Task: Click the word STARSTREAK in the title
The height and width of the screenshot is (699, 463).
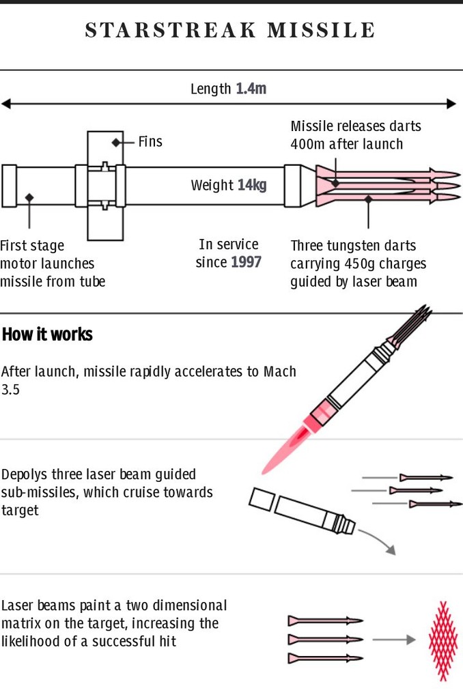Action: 171,31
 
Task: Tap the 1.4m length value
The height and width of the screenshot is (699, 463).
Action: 251,89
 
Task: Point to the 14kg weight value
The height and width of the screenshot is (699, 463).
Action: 251,185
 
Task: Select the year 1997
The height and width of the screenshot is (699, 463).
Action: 246,262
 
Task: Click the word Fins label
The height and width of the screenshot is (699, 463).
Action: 150,142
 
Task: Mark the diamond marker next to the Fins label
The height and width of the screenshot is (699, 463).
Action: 116,142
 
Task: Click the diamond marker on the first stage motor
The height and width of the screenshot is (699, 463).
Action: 29,197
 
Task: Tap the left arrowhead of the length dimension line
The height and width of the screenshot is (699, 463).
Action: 5,104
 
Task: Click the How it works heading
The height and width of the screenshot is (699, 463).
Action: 48,335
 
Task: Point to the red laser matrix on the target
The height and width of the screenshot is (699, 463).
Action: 443,640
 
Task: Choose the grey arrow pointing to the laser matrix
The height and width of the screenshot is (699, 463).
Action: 394,640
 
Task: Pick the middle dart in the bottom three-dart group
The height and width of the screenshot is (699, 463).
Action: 324,640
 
